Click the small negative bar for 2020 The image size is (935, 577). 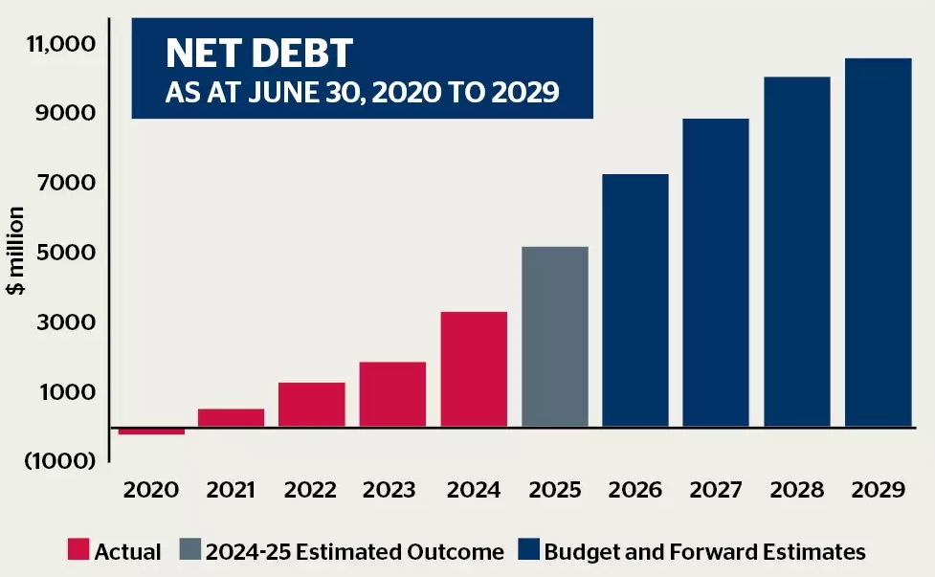pos(151,432)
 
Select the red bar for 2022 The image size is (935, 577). pos(312,405)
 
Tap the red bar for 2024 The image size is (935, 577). pos(474,369)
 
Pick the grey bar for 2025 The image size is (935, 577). pos(555,337)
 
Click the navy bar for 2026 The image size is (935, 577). pos(635,300)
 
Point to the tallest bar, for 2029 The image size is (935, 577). pos(879,243)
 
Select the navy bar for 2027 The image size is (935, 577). pos(716,273)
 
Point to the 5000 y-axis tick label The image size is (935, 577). pos(67,253)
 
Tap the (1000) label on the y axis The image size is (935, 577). pos(60,460)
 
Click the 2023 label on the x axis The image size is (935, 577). pos(390,490)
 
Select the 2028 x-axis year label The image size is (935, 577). pos(796,490)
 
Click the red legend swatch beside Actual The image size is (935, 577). pos(78,551)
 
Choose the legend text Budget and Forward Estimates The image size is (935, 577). pos(704,551)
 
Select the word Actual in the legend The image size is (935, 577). pos(127,551)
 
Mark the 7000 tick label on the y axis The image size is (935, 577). pos(67,183)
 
